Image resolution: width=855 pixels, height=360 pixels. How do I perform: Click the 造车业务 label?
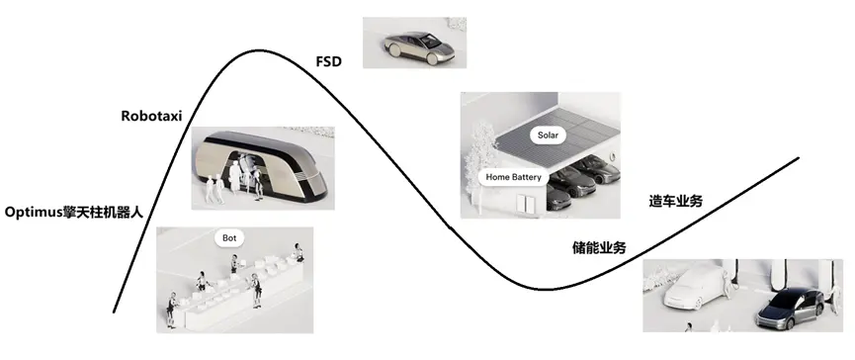tap(675, 201)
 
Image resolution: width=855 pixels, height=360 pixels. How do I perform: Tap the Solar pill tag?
tap(547, 133)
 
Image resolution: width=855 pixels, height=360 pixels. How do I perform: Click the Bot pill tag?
tap(230, 237)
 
